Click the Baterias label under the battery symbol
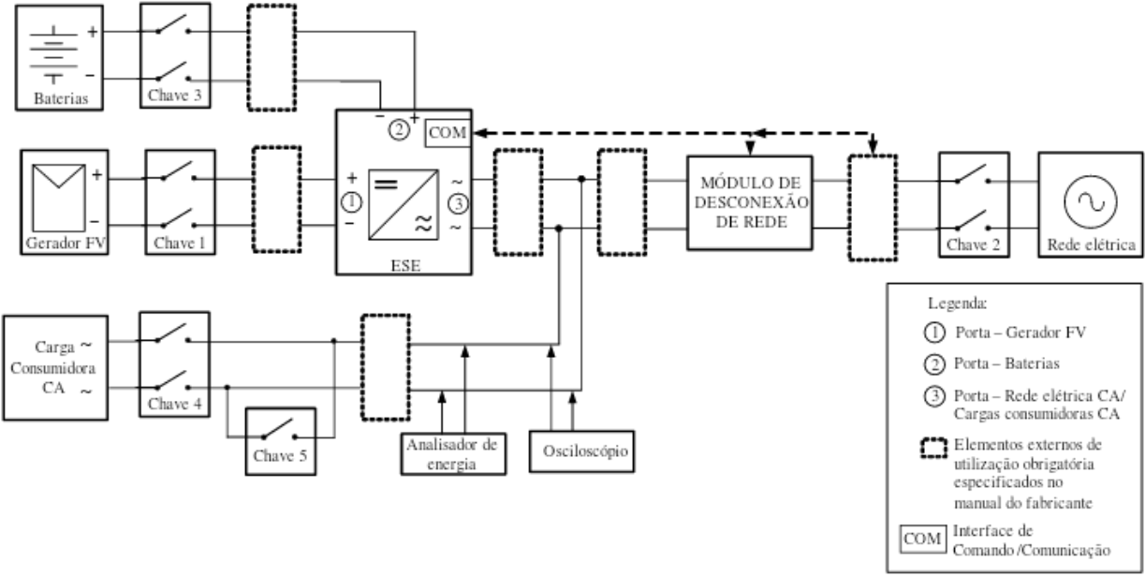(61, 97)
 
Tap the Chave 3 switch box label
(174, 96)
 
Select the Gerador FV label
(66, 243)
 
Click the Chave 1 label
(180, 243)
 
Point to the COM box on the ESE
(448, 133)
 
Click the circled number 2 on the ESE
(399, 130)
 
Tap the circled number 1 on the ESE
(351, 202)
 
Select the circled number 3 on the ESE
(458, 204)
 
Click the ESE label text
(406, 265)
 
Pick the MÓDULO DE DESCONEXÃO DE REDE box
(750, 203)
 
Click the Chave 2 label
(974, 244)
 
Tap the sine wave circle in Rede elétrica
(1091, 201)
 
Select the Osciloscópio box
(581, 451)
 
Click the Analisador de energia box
(453, 453)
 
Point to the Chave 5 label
(280, 455)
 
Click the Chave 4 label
(175, 404)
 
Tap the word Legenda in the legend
(958, 303)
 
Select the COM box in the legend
(922, 539)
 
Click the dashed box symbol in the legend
(934, 448)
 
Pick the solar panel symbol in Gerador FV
(59, 198)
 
